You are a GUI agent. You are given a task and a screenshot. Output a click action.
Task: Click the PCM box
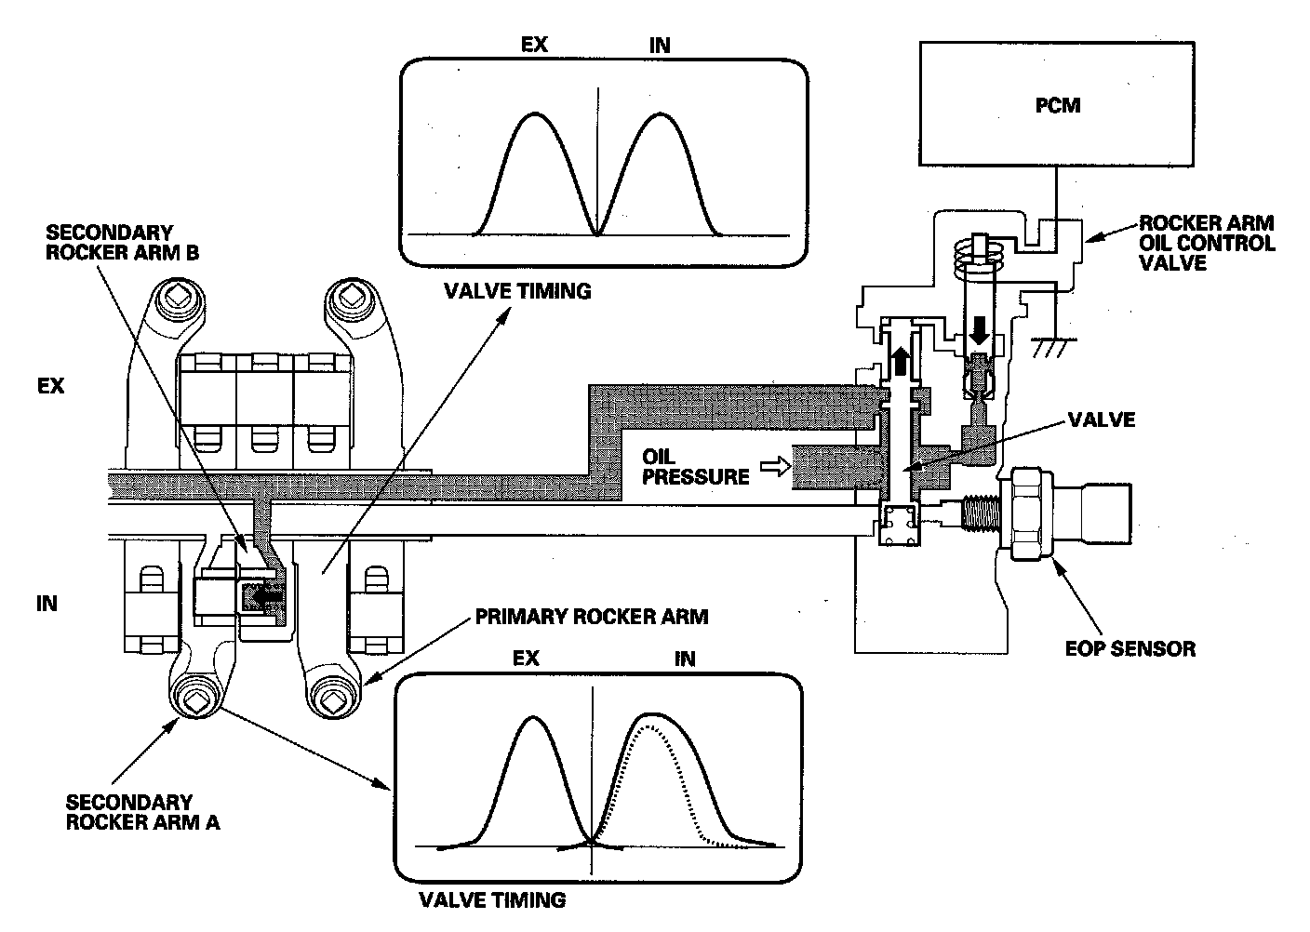1058,104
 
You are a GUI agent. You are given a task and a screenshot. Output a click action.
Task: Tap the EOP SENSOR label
1130,647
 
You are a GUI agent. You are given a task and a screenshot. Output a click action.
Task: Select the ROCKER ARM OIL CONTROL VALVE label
1207,243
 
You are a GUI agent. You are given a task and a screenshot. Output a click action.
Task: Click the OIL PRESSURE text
696,467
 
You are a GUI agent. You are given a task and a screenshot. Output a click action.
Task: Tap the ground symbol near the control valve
1051,346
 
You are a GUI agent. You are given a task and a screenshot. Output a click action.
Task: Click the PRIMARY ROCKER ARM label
591,616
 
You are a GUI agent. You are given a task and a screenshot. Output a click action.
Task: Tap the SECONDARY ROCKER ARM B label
123,242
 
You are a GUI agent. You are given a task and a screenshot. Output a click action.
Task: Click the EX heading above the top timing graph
534,46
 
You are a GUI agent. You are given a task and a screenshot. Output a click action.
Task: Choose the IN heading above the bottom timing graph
685,659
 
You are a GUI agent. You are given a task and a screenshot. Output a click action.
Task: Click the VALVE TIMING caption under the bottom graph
492,899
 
